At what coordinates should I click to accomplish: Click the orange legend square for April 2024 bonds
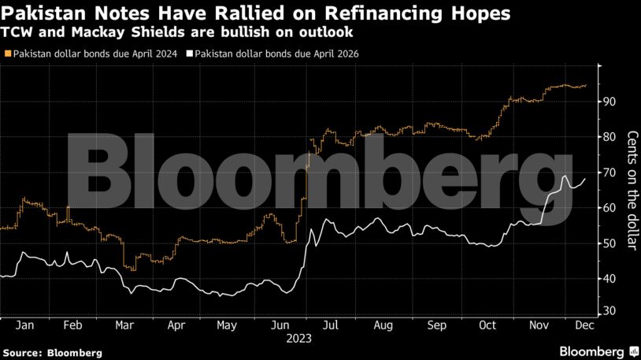8,54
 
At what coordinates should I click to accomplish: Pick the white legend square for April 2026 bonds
189,54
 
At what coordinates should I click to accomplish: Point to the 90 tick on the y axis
610,102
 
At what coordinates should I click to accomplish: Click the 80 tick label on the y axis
610,137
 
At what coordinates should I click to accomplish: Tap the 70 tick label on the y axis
610,173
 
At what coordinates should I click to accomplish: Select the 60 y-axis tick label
610,208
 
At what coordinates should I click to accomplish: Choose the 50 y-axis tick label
610,243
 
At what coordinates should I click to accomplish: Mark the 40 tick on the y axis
610,279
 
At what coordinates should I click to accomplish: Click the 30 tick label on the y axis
610,314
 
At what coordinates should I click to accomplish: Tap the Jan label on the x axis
24,325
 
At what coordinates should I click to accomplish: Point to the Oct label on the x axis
488,325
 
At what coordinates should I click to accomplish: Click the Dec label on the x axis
584,325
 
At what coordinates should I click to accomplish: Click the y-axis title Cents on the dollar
631,190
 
